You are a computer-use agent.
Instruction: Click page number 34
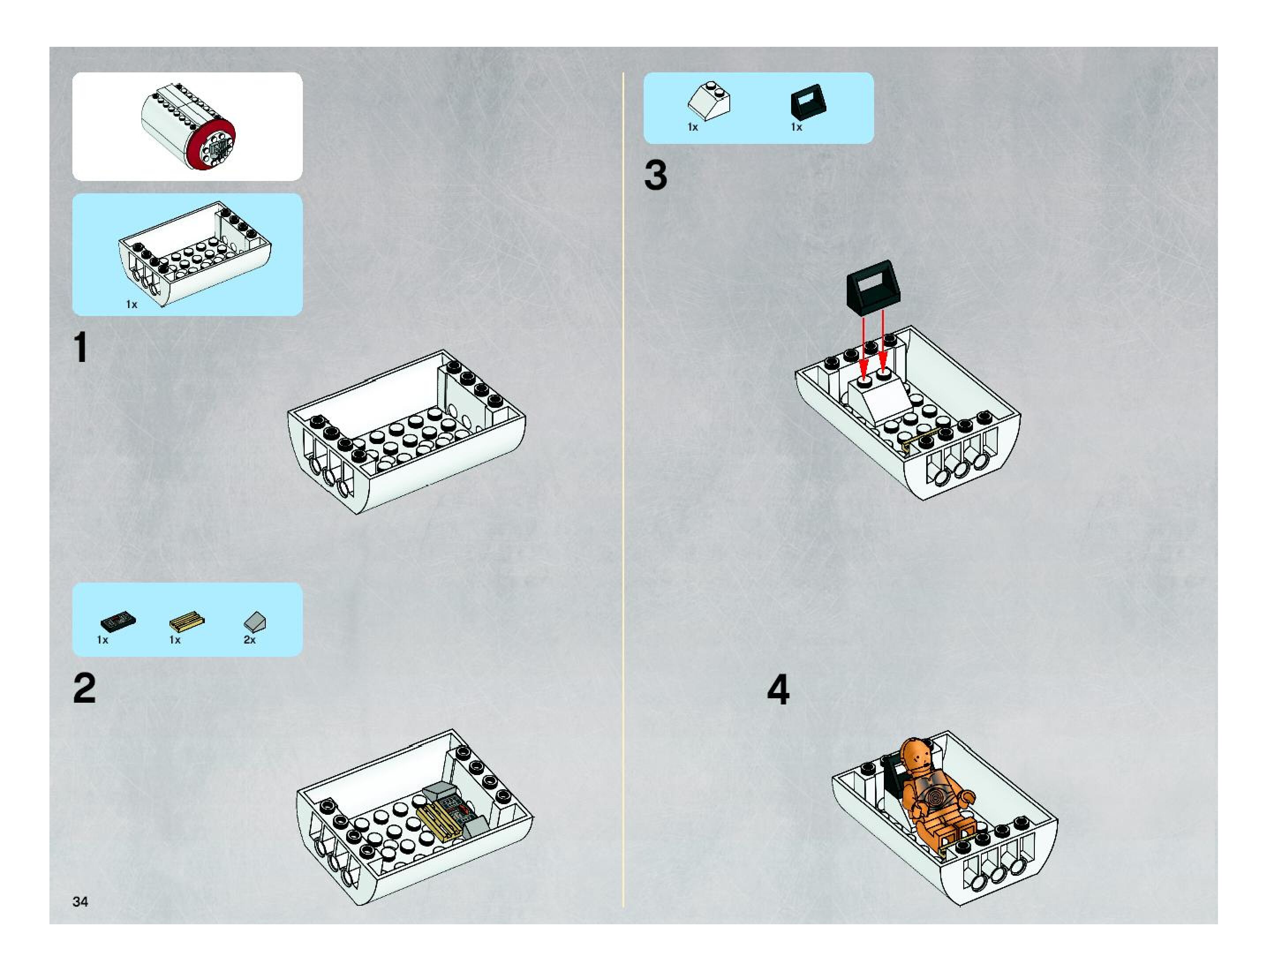point(80,901)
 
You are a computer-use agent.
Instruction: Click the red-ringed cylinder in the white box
point(189,126)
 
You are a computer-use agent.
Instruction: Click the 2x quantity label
point(249,640)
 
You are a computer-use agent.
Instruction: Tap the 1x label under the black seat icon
point(796,127)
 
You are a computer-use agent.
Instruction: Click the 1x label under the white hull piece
point(132,305)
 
